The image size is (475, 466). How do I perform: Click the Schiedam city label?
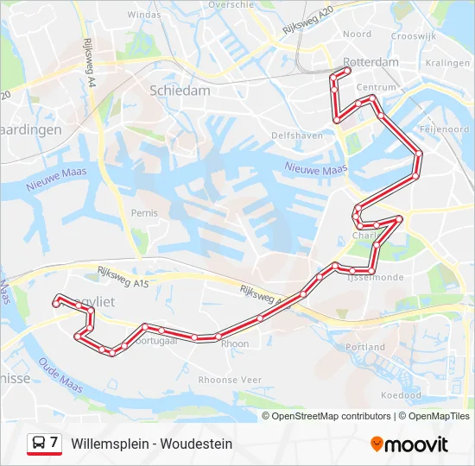180,90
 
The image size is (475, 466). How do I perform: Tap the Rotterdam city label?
370,62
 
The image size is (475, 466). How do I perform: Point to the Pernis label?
145,212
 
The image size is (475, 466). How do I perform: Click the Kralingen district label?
447,63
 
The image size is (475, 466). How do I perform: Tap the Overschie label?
231,4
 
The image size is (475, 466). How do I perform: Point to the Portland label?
365,347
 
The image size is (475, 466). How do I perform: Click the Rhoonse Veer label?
230,380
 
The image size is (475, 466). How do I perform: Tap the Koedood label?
401,395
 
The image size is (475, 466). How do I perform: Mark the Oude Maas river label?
60,380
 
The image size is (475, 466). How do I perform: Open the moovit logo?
409,444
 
